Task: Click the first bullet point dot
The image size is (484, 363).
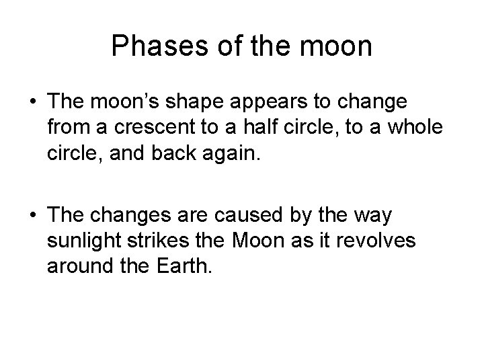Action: point(33,103)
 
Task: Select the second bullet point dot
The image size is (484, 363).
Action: point(33,217)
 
